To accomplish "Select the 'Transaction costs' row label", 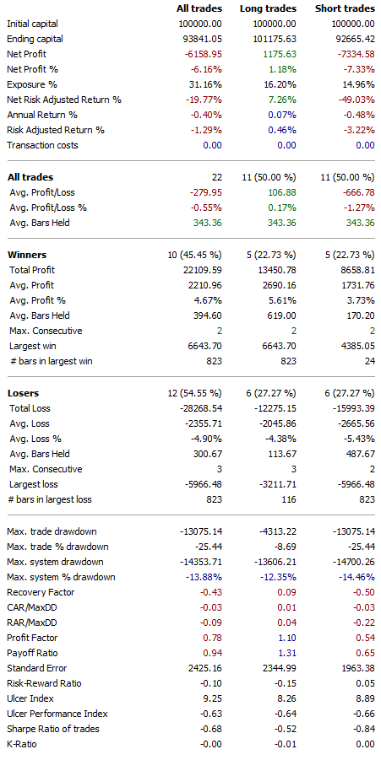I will (42, 145).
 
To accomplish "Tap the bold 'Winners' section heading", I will (27, 254).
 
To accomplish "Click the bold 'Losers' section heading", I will (24, 393).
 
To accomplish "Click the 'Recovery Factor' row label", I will (39, 593).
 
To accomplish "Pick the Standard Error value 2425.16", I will (203, 669).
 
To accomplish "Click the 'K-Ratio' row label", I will (23, 745).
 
